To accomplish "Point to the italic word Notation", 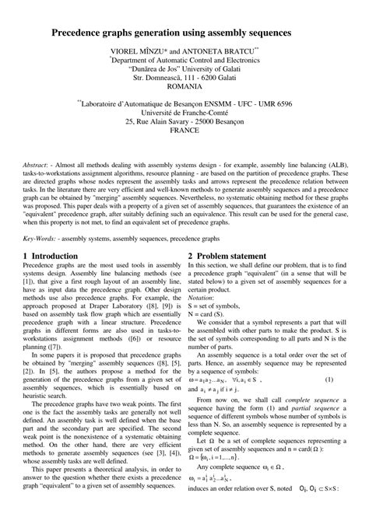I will pyautogui.click(x=203, y=298).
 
